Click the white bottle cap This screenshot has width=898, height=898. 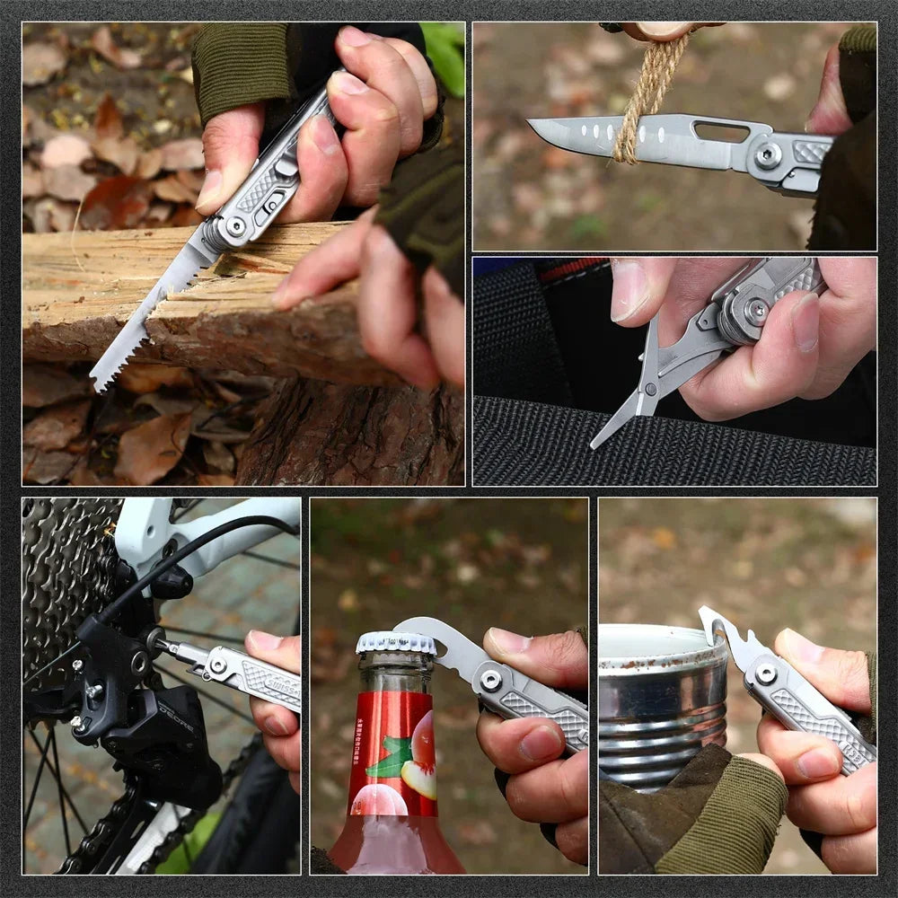395,642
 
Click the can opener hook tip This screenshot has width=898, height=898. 706,615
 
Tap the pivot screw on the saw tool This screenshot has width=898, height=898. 235,225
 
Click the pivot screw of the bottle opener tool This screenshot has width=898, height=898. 490,681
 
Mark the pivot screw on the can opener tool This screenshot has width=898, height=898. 765,673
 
